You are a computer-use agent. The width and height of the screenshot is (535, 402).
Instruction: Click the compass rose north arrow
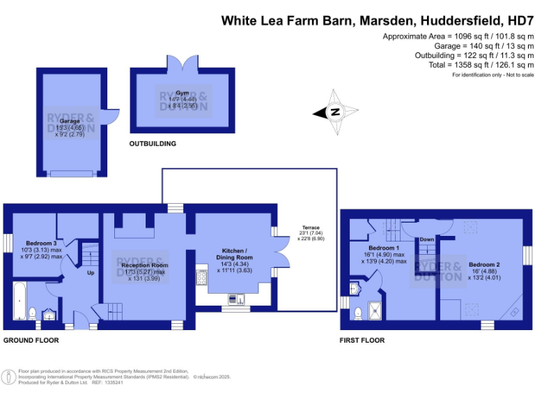coord(335,112)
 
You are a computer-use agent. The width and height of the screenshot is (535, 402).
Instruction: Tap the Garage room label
coord(70,121)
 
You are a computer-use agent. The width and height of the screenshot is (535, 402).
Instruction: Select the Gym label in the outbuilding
coord(183,93)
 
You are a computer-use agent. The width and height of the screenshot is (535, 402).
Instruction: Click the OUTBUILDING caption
coord(153,144)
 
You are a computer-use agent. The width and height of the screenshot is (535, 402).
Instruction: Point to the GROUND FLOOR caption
coord(31,341)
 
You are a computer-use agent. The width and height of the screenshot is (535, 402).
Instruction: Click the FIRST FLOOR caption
coord(362,341)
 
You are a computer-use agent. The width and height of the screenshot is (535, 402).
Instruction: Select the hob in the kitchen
coord(202,277)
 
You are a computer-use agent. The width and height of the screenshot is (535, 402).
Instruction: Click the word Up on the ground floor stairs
coord(90,273)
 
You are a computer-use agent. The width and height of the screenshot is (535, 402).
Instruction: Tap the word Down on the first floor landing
coord(426,239)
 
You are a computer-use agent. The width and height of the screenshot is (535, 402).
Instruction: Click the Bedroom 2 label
coord(483,265)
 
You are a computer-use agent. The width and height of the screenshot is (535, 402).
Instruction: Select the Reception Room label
coord(144,265)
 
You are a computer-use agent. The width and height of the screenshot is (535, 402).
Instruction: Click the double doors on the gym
coord(183,64)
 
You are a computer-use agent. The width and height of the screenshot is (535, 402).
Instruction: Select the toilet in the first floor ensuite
coord(357,312)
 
